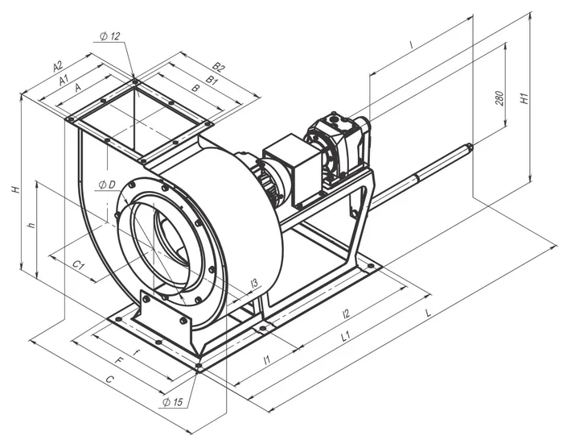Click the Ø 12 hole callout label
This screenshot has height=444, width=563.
(x=110, y=36)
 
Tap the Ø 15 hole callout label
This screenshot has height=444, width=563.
(x=172, y=402)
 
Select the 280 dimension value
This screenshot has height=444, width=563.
(x=499, y=98)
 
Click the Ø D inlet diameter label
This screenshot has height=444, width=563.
(x=107, y=185)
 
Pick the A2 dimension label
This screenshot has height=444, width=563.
(x=58, y=66)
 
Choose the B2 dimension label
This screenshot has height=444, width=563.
(x=218, y=67)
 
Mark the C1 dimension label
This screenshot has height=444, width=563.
(x=78, y=266)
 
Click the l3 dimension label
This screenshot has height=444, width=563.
(x=254, y=283)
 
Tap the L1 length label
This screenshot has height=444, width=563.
(x=345, y=337)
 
